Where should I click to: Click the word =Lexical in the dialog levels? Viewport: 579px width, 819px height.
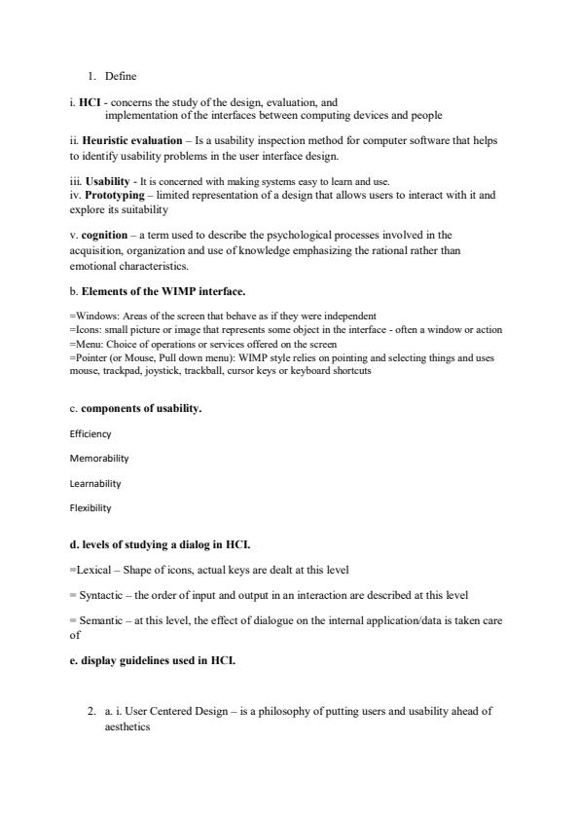pos(90,570)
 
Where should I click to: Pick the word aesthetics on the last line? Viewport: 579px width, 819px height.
pos(127,726)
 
